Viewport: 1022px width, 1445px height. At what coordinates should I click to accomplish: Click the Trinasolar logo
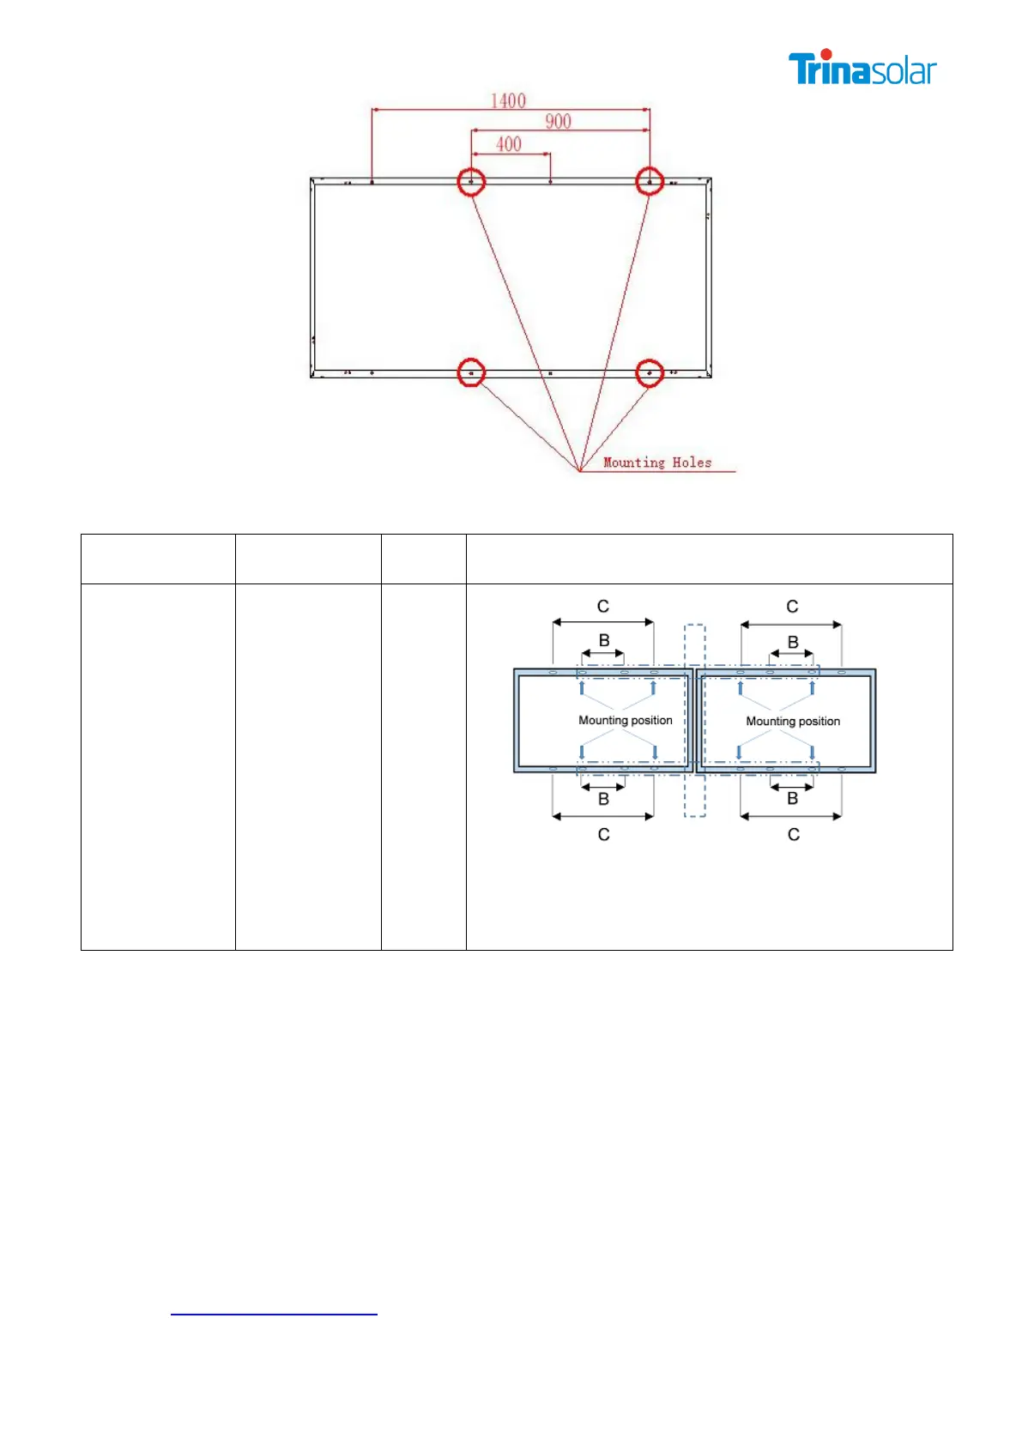point(862,68)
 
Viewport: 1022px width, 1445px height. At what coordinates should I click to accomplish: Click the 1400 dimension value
point(508,100)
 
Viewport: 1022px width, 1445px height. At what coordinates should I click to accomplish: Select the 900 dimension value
point(558,121)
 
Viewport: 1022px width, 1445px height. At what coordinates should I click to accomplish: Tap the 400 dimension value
point(509,143)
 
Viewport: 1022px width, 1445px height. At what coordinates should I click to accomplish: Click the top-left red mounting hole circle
point(471,182)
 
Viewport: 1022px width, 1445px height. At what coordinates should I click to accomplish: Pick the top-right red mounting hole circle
point(650,182)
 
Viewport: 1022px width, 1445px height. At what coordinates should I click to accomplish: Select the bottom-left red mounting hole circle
point(471,373)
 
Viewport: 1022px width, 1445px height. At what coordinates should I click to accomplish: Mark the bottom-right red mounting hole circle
point(650,373)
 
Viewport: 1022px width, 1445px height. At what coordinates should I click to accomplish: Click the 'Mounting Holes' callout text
point(657,463)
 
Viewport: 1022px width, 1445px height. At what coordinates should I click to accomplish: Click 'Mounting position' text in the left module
point(625,720)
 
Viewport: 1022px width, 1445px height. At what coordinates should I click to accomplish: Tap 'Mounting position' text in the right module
point(793,721)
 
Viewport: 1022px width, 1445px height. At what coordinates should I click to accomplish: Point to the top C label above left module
point(603,607)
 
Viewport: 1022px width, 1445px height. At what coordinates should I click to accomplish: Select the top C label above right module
point(792,607)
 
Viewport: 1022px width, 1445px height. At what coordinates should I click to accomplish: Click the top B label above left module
point(604,641)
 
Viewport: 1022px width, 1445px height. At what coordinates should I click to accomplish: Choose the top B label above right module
point(793,642)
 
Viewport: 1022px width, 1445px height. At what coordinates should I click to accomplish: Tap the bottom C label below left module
point(604,834)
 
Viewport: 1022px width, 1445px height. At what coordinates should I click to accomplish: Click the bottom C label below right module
point(794,834)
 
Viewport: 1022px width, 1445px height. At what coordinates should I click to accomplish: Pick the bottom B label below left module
point(603,799)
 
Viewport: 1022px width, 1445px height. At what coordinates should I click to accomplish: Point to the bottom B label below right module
point(793,799)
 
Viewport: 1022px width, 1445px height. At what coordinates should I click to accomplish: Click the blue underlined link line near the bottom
point(274,1314)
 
